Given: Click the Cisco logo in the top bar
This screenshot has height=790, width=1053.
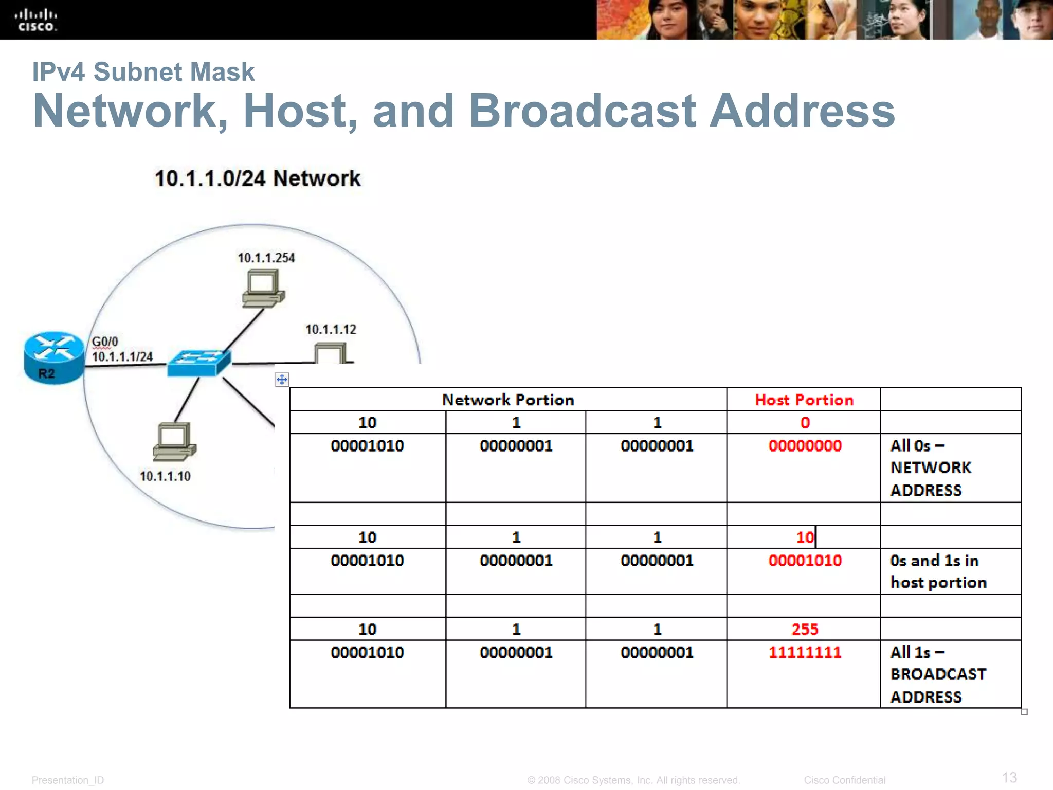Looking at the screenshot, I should point(35,20).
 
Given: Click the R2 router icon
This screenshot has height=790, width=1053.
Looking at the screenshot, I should point(53,357).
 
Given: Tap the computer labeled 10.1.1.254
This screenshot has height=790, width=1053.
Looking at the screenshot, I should point(263,290).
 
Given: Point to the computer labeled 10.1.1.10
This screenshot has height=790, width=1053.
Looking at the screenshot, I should point(174,441).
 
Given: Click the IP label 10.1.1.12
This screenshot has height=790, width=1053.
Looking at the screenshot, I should point(331,330).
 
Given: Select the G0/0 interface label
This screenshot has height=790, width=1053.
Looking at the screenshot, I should point(105,342).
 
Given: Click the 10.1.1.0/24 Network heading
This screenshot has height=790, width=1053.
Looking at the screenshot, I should point(258,178).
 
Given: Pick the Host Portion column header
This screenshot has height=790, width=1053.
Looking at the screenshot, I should point(804,400).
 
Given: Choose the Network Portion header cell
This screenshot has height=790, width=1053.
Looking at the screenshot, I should point(508,400).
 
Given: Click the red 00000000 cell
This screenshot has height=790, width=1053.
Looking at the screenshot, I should point(805,445).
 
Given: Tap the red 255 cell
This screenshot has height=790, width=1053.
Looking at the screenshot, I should point(805,629).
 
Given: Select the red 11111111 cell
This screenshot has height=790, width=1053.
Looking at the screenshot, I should point(805,652).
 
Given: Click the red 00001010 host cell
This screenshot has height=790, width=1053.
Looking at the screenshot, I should point(805,560).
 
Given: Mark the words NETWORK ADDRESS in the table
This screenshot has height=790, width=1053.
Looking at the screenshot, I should point(931,478).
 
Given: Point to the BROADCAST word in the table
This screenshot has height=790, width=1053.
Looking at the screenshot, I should point(938,674).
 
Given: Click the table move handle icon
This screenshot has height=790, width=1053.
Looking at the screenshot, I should point(282,380).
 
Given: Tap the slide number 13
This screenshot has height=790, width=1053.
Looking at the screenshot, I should point(1009,777).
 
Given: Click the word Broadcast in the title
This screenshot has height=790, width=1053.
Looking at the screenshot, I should point(582,111).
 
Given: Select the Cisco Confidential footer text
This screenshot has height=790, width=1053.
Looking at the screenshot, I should point(844,780).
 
